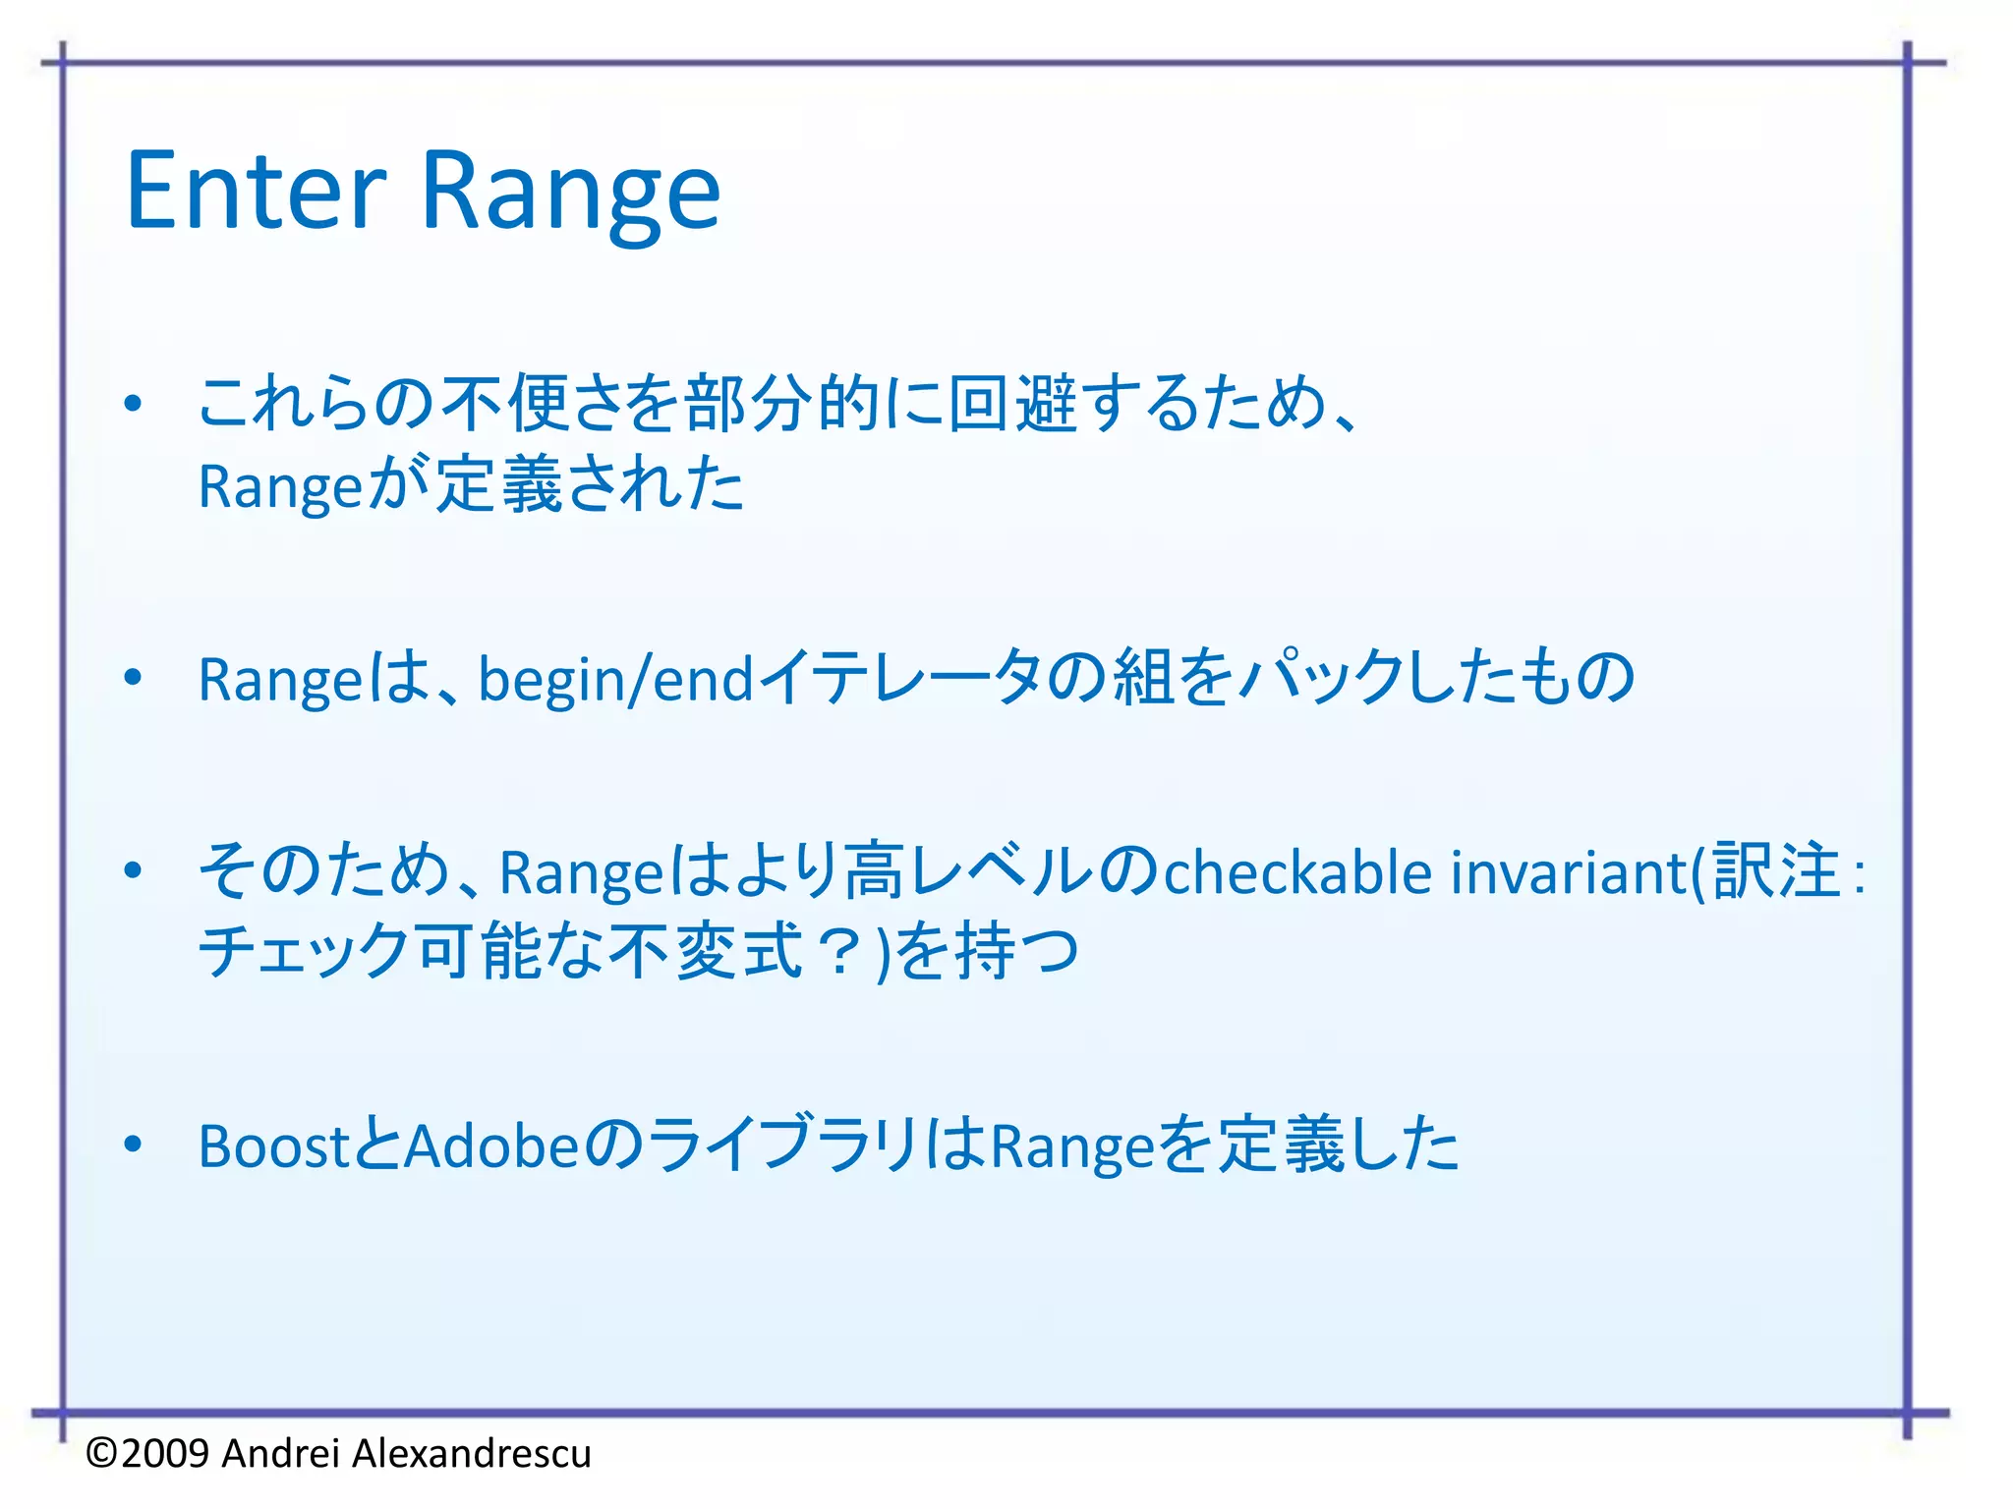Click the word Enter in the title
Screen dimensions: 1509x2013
(x=258, y=192)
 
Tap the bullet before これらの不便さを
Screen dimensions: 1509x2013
(x=134, y=404)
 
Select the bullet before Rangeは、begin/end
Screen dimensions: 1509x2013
(x=134, y=677)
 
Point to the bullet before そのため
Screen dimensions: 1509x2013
(x=134, y=870)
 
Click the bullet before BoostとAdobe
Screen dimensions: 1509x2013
(x=134, y=1145)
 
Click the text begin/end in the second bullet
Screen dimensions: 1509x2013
(x=615, y=680)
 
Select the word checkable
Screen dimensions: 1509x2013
(x=1297, y=872)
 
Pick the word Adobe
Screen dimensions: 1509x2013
(x=492, y=1146)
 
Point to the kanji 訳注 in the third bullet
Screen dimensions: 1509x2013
(x=1775, y=871)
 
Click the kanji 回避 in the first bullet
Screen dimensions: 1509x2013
(x=1012, y=404)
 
